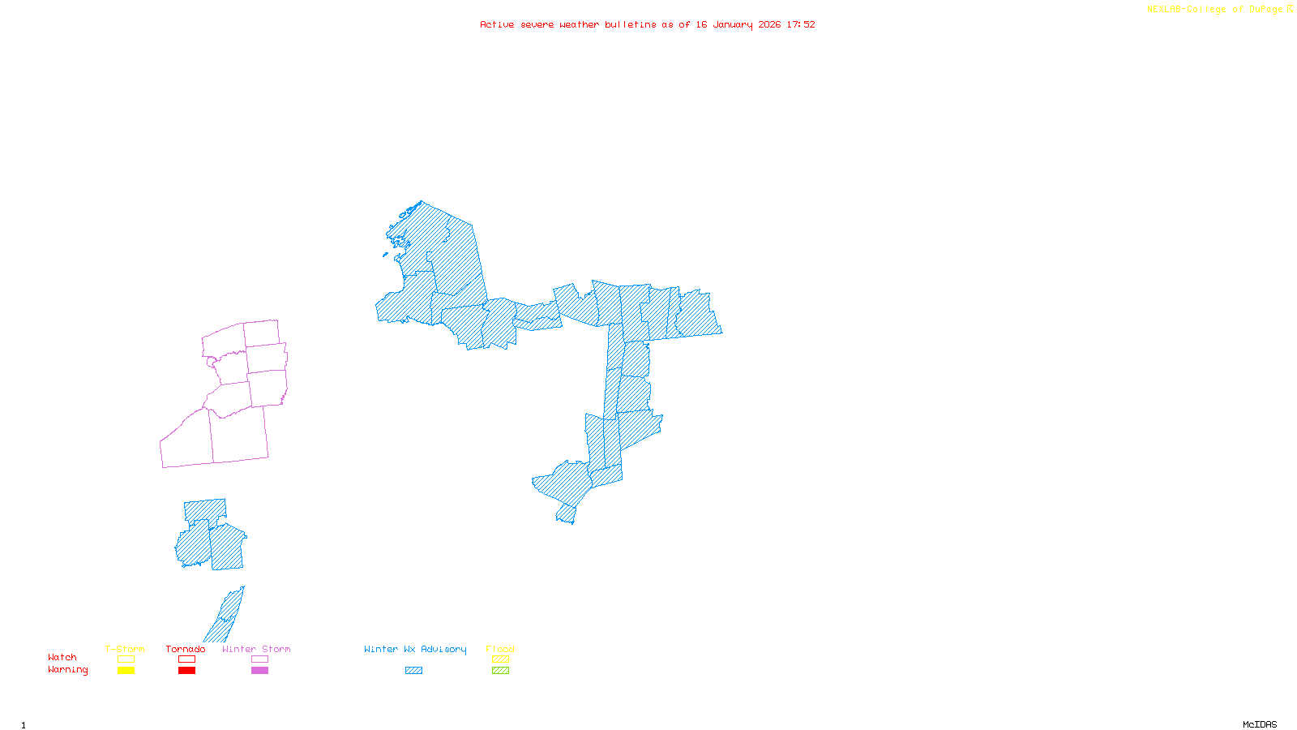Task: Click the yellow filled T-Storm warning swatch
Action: pos(126,671)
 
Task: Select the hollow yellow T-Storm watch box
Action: pos(126,659)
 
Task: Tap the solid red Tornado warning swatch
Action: pos(186,671)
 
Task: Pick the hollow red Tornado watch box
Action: pos(186,659)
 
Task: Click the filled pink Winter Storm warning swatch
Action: pos(259,671)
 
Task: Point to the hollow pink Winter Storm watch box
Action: pos(259,659)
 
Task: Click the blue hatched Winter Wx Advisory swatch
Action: pos(413,671)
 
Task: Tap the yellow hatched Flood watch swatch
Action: pos(500,659)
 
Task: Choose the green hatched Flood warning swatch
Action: pos(500,671)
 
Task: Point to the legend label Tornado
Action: pos(186,649)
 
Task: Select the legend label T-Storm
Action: pos(125,649)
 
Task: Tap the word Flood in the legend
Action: pos(500,649)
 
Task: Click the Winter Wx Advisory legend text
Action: pos(415,649)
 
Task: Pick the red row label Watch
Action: pos(62,658)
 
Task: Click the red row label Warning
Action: pos(68,670)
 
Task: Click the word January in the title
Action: pos(733,25)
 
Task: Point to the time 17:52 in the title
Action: pos(801,25)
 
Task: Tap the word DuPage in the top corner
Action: pos(1265,10)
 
